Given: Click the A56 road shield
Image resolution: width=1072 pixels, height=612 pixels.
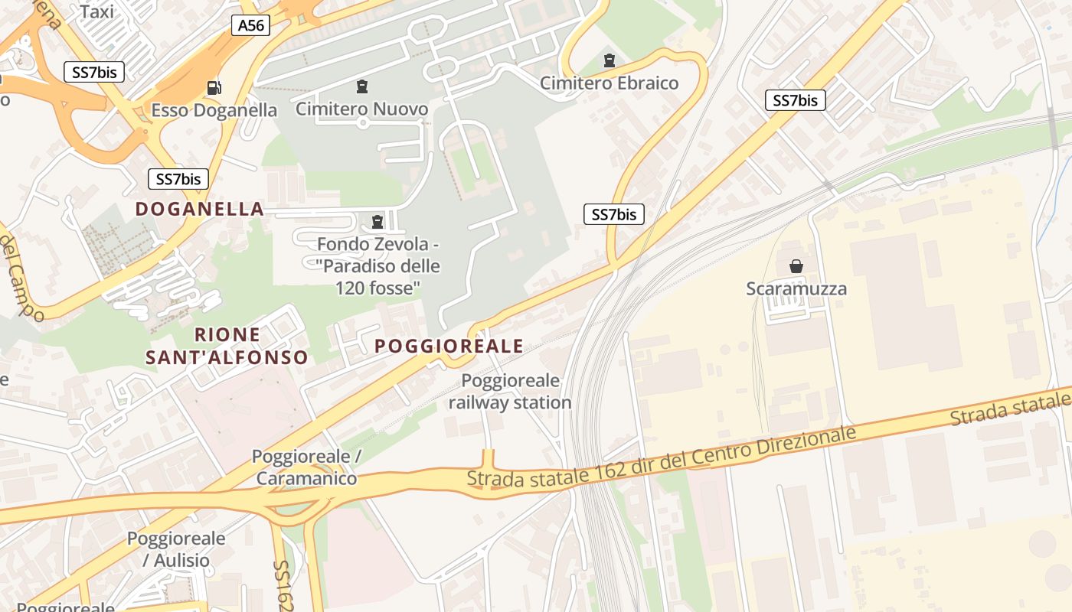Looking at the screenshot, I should pyautogui.click(x=250, y=25).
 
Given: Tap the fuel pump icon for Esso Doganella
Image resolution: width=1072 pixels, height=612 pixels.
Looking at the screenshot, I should pyautogui.click(x=214, y=88).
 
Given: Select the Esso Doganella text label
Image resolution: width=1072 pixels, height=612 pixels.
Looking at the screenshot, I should pyautogui.click(x=214, y=110).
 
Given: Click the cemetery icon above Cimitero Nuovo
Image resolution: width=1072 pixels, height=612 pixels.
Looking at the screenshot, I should pyautogui.click(x=362, y=86).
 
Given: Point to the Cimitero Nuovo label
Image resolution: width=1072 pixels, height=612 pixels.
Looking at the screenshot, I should pyautogui.click(x=362, y=109).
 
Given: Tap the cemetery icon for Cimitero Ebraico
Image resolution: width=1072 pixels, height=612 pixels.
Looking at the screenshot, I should pyautogui.click(x=610, y=60).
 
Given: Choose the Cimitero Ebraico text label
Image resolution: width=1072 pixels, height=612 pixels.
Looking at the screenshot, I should pyautogui.click(x=610, y=83).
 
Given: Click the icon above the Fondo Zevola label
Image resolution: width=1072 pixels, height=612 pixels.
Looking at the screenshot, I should pyautogui.click(x=377, y=222).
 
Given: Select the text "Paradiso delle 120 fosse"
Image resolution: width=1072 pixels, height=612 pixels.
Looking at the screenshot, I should pyautogui.click(x=378, y=277).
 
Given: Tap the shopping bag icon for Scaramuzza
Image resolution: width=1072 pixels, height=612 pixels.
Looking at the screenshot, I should pyautogui.click(x=796, y=266).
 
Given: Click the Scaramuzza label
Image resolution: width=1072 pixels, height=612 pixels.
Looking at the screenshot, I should pyautogui.click(x=796, y=288).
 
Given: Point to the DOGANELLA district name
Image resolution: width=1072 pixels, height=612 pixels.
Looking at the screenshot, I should pyautogui.click(x=200, y=209).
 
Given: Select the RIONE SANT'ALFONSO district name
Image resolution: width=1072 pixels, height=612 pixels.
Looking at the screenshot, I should pyautogui.click(x=227, y=346).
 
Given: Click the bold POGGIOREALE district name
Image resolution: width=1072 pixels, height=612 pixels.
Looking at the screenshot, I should pyautogui.click(x=449, y=346).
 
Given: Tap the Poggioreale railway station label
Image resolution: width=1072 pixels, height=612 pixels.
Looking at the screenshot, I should pyautogui.click(x=510, y=392).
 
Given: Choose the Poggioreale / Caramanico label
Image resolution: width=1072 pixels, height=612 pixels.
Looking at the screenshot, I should pyautogui.click(x=306, y=467).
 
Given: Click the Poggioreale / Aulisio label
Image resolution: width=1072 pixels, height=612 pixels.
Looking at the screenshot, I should pyautogui.click(x=176, y=549).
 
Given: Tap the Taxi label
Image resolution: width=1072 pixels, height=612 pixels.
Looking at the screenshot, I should pyautogui.click(x=96, y=11).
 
